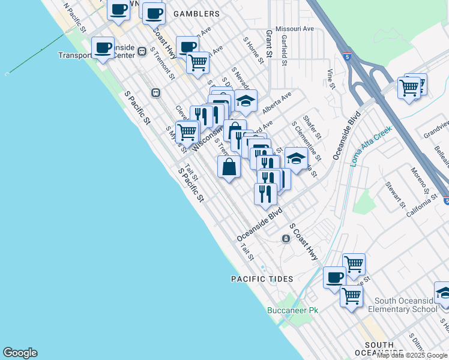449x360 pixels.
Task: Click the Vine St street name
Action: (330, 79)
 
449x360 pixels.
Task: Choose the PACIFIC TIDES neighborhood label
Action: (262, 279)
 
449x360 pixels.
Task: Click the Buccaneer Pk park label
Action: (292, 310)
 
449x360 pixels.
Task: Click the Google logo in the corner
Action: (20, 353)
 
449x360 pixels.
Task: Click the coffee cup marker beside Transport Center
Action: (103, 48)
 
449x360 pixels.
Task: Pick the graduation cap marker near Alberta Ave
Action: (246, 101)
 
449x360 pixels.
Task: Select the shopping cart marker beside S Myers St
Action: (187, 131)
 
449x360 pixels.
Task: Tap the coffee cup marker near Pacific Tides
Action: (335, 278)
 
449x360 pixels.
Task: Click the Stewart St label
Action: (396, 196)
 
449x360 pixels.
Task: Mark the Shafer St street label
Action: (313, 127)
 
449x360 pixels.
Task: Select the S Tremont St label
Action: (163, 64)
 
